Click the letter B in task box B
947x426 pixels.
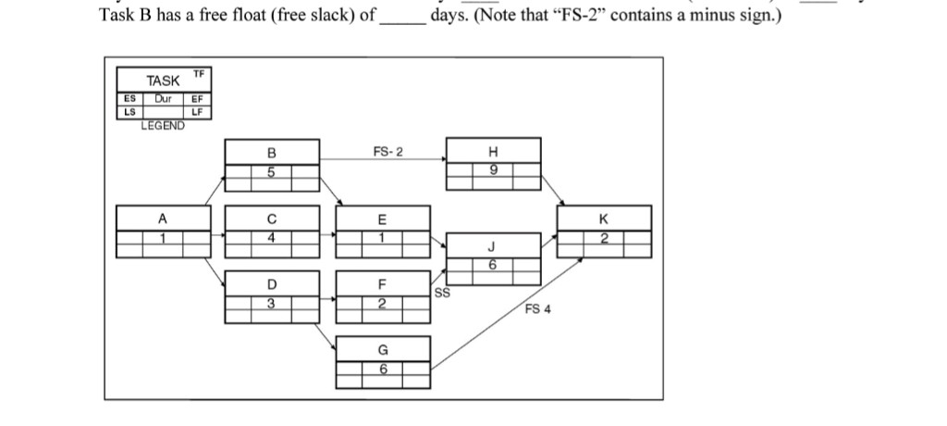coord(271,152)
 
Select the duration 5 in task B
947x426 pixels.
coord(271,171)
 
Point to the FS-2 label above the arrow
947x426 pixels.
coord(387,152)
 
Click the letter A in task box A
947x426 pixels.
coord(162,219)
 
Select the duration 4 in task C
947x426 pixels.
coord(271,237)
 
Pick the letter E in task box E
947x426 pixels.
coord(382,219)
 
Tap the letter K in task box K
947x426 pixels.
coord(604,219)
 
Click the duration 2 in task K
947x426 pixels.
coord(604,238)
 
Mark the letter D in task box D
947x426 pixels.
coord(271,284)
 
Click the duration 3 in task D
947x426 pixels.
coord(271,303)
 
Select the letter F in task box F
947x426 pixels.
coord(382,284)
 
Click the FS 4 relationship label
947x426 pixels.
coord(537,309)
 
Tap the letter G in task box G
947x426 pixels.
coord(382,350)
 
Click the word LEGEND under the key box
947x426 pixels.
coord(162,125)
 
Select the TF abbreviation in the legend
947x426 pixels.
coord(199,73)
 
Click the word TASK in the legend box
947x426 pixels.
coord(163,81)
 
